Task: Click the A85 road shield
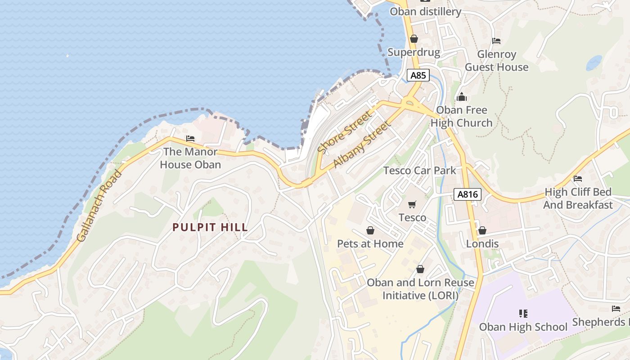click(x=418, y=75)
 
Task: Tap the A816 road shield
click(x=468, y=194)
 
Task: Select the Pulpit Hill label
click(x=210, y=227)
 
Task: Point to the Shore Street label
click(x=345, y=132)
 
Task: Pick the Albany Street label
click(x=361, y=145)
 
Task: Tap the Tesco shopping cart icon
click(x=412, y=205)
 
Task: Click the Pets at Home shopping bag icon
click(x=370, y=231)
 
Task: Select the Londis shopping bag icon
click(x=482, y=231)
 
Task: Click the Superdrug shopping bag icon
click(x=414, y=39)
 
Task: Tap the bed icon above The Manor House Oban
click(x=190, y=139)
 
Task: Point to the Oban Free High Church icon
click(x=462, y=97)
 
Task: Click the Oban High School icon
click(x=523, y=313)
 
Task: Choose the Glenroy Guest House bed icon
click(x=496, y=41)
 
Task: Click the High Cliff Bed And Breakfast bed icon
click(x=578, y=179)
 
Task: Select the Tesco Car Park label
click(x=419, y=171)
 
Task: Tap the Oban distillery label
click(x=425, y=12)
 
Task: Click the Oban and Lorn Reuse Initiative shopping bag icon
click(x=420, y=269)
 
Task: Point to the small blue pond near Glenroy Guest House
click(x=594, y=63)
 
